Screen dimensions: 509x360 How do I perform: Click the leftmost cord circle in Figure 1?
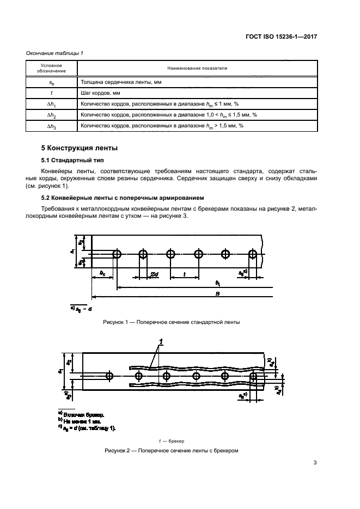(117, 254)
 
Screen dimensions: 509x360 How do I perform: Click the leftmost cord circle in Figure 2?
(109, 376)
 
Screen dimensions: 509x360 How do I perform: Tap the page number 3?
(315, 463)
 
